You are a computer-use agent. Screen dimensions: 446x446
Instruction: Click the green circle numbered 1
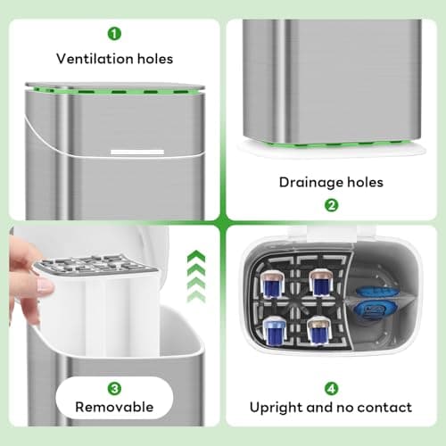[114, 34]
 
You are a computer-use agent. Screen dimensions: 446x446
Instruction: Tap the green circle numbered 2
[331, 204]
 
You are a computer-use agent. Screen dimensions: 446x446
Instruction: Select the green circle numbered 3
[114, 388]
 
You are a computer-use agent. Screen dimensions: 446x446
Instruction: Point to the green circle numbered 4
[331, 388]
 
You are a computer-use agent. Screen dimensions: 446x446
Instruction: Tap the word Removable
[114, 408]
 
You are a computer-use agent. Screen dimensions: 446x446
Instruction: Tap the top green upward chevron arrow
[195, 257]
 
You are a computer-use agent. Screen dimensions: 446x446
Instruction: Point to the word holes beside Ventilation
[153, 59]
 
